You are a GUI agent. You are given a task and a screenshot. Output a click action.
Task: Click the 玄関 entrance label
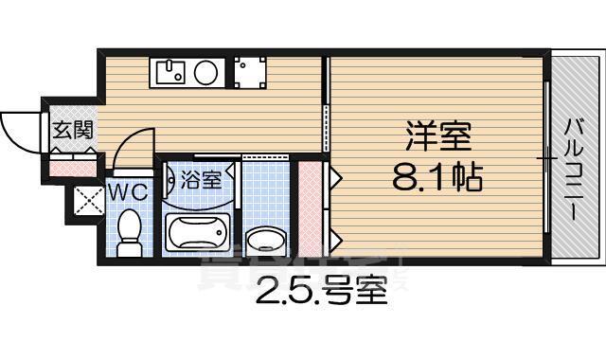[72, 131]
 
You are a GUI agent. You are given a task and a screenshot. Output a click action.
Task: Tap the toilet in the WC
[129, 231]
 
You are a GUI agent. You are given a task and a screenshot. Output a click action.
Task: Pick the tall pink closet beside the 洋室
[311, 210]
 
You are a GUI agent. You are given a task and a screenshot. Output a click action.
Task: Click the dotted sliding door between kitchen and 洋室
[328, 129]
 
